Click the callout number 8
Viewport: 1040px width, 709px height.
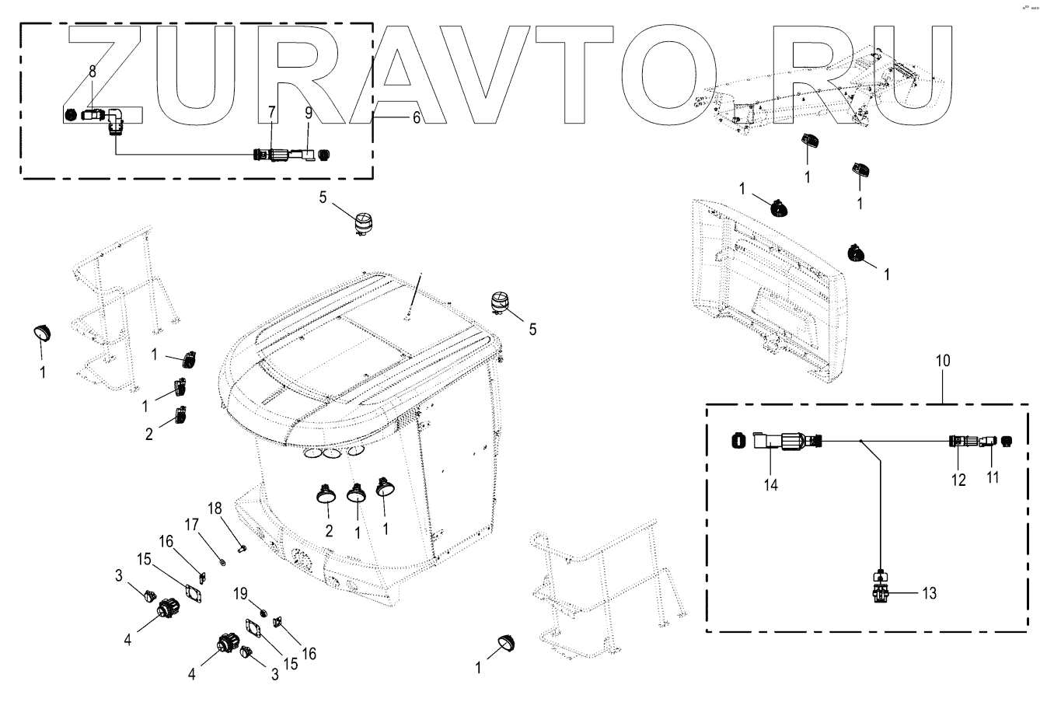(92, 71)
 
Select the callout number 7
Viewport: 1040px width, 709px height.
(271, 113)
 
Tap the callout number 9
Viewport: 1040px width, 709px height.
(308, 113)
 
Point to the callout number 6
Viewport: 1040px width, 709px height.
(416, 118)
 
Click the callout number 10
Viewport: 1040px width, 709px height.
(942, 361)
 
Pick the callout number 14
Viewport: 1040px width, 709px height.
(770, 484)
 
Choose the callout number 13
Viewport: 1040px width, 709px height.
(928, 594)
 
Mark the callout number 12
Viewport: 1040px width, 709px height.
(958, 480)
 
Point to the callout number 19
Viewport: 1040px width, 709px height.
(242, 593)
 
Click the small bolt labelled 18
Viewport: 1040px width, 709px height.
(243, 549)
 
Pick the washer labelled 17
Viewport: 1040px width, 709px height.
(223, 560)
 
